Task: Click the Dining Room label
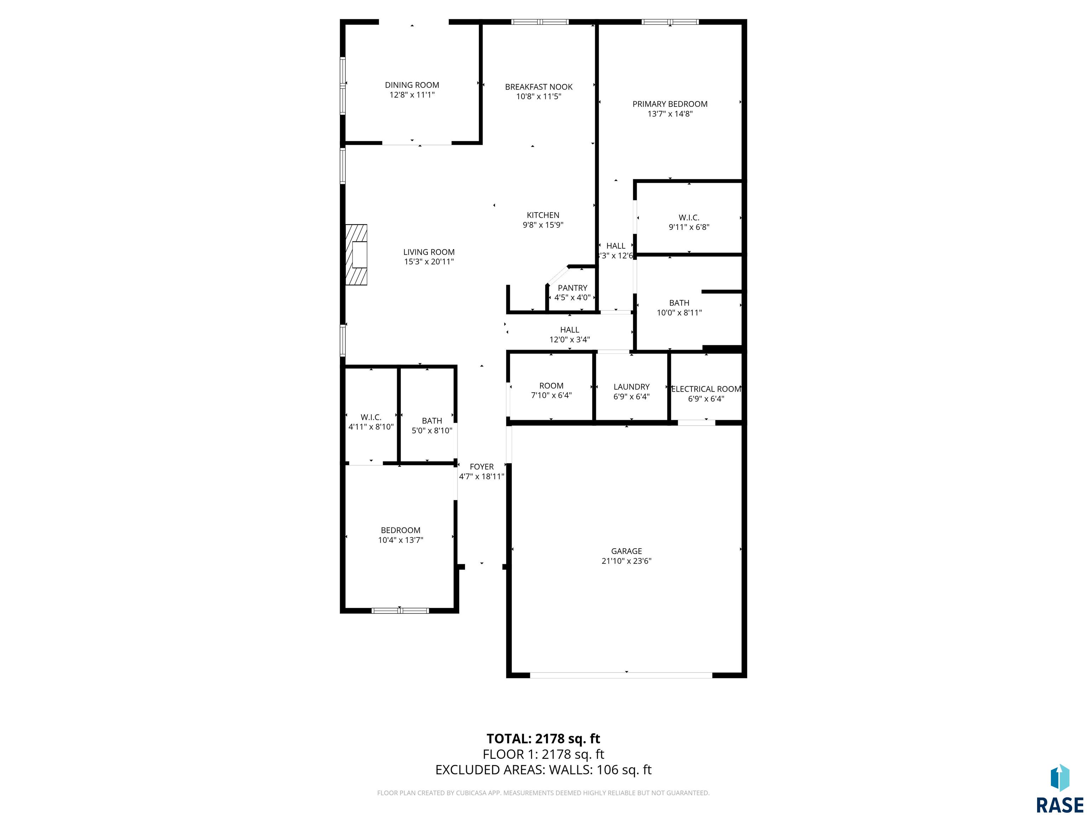click(x=412, y=85)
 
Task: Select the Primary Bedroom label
click(x=670, y=104)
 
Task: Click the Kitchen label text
click(x=543, y=215)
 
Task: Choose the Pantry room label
click(x=573, y=288)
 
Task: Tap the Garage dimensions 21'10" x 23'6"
click(x=627, y=561)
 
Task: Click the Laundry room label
click(x=632, y=387)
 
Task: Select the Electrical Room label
click(x=706, y=389)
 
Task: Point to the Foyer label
click(x=482, y=467)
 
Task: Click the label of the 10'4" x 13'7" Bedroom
click(x=401, y=531)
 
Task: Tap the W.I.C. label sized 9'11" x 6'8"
click(x=689, y=218)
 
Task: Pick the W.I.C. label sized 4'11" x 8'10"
click(x=371, y=417)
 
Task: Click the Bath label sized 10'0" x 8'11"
click(x=679, y=303)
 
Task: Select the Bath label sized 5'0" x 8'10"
click(x=432, y=421)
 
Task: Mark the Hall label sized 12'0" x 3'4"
click(x=570, y=330)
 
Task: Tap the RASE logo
click(x=1059, y=790)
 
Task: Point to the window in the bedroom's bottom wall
click(x=400, y=611)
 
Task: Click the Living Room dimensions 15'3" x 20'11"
click(x=429, y=262)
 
